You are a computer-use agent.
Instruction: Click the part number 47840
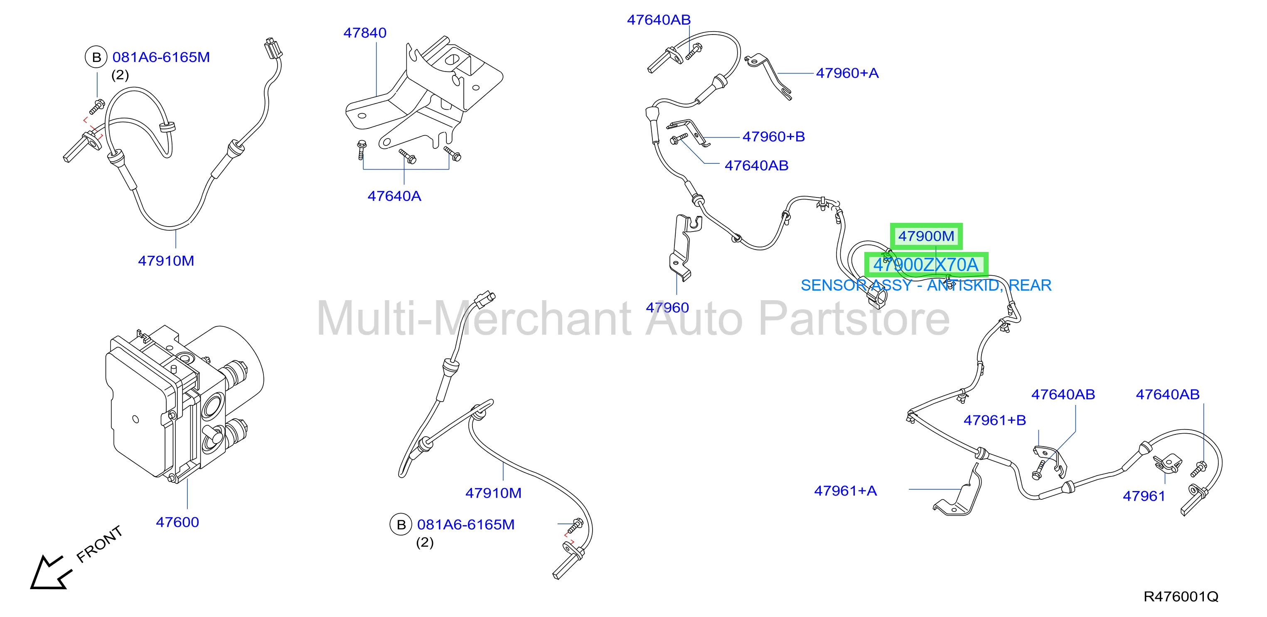(364, 33)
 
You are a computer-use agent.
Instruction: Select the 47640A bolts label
(394, 196)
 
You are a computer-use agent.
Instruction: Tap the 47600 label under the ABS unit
(177, 522)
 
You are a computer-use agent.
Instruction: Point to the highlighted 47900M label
(926, 236)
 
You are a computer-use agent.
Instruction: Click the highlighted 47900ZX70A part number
(926, 265)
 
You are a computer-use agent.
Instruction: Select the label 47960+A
(847, 73)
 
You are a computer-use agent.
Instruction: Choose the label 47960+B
(773, 137)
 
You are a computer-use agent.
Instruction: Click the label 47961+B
(994, 420)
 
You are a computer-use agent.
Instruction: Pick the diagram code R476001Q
(1181, 597)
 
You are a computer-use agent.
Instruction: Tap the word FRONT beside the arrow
(99, 544)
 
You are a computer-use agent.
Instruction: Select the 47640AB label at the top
(659, 20)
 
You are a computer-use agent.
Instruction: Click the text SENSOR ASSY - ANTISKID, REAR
(926, 285)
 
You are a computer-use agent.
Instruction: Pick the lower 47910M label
(493, 493)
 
